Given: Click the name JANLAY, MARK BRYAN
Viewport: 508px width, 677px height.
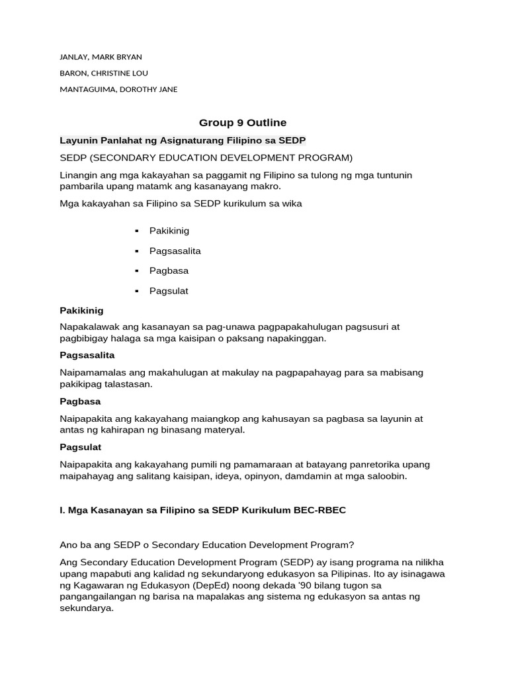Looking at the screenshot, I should coord(101,57).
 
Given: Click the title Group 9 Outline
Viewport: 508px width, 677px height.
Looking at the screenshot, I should coord(243,122).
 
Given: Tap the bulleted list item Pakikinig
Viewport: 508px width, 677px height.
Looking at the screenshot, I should coord(169,231).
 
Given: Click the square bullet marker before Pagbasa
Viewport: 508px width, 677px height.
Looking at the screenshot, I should coord(136,271).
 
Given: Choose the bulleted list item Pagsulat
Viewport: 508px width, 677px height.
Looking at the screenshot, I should coord(169,291).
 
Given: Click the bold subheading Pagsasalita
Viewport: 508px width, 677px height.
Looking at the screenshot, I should coord(87,355).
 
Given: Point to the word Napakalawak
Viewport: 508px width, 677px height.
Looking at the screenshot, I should coord(87,327).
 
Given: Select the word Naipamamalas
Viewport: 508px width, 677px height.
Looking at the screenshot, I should coord(91,373).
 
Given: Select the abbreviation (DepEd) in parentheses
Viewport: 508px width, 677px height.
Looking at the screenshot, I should coord(189,586).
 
